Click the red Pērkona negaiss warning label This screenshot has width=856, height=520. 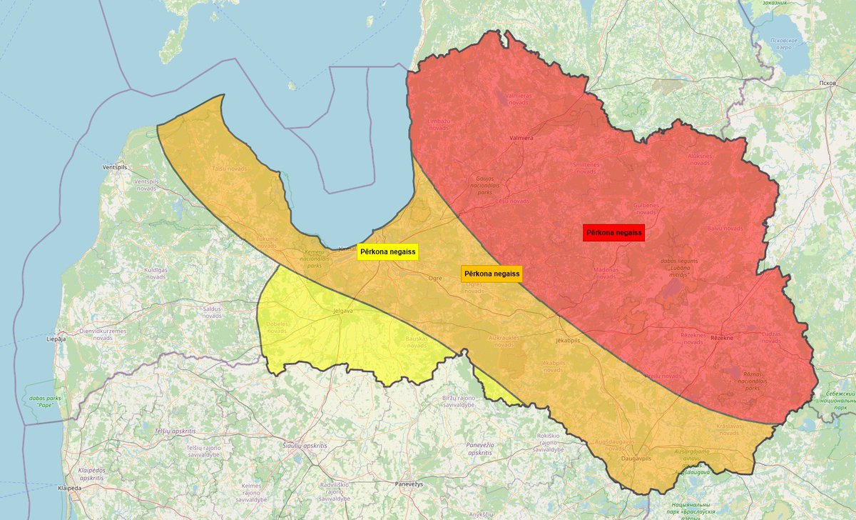click(613, 233)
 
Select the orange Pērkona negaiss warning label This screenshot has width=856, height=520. click(491, 274)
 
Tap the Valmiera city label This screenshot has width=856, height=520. click(521, 138)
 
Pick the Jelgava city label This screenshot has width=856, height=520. click(344, 311)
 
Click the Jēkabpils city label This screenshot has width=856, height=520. click(568, 341)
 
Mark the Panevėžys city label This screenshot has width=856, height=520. click(409, 484)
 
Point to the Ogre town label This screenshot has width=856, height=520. click(435, 277)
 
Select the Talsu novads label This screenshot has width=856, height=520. click(230, 169)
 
